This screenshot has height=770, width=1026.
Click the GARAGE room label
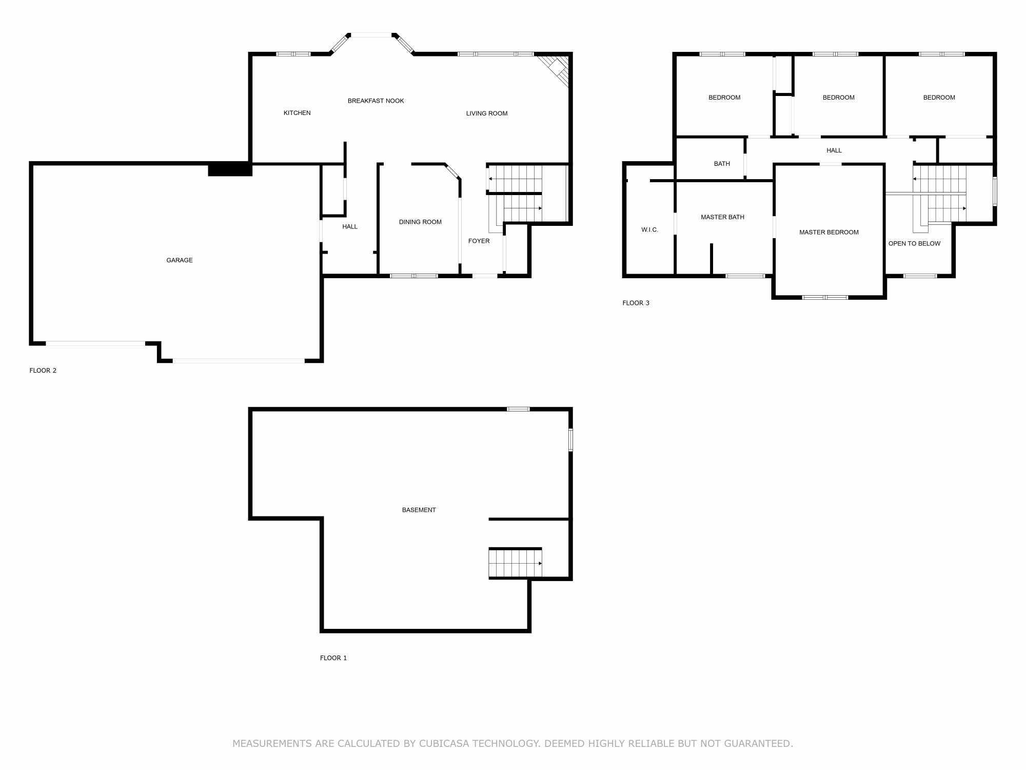click(180, 260)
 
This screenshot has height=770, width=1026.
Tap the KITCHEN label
click(297, 113)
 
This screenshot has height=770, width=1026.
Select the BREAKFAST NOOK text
click(376, 101)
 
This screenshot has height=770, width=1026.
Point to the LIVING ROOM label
click(486, 113)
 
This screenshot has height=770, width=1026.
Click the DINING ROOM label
click(420, 222)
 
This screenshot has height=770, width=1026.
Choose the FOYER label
click(479, 241)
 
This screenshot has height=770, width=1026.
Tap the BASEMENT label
click(419, 510)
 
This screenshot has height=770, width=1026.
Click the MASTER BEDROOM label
click(828, 233)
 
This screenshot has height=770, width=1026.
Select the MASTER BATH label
click(722, 217)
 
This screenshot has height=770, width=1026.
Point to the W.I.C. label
click(649, 230)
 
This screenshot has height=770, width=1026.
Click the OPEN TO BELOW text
click(914, 244)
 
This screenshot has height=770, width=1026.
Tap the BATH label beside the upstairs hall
click(722, 164)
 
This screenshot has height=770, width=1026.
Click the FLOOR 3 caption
click(636, 303)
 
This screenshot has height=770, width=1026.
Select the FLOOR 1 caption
click(333, 658)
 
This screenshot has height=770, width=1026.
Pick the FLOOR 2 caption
click(43, 371)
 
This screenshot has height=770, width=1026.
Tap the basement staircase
click(515, 563)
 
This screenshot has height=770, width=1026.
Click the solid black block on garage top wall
click(230, 169)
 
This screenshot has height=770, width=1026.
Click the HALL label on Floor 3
click(834, 150)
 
